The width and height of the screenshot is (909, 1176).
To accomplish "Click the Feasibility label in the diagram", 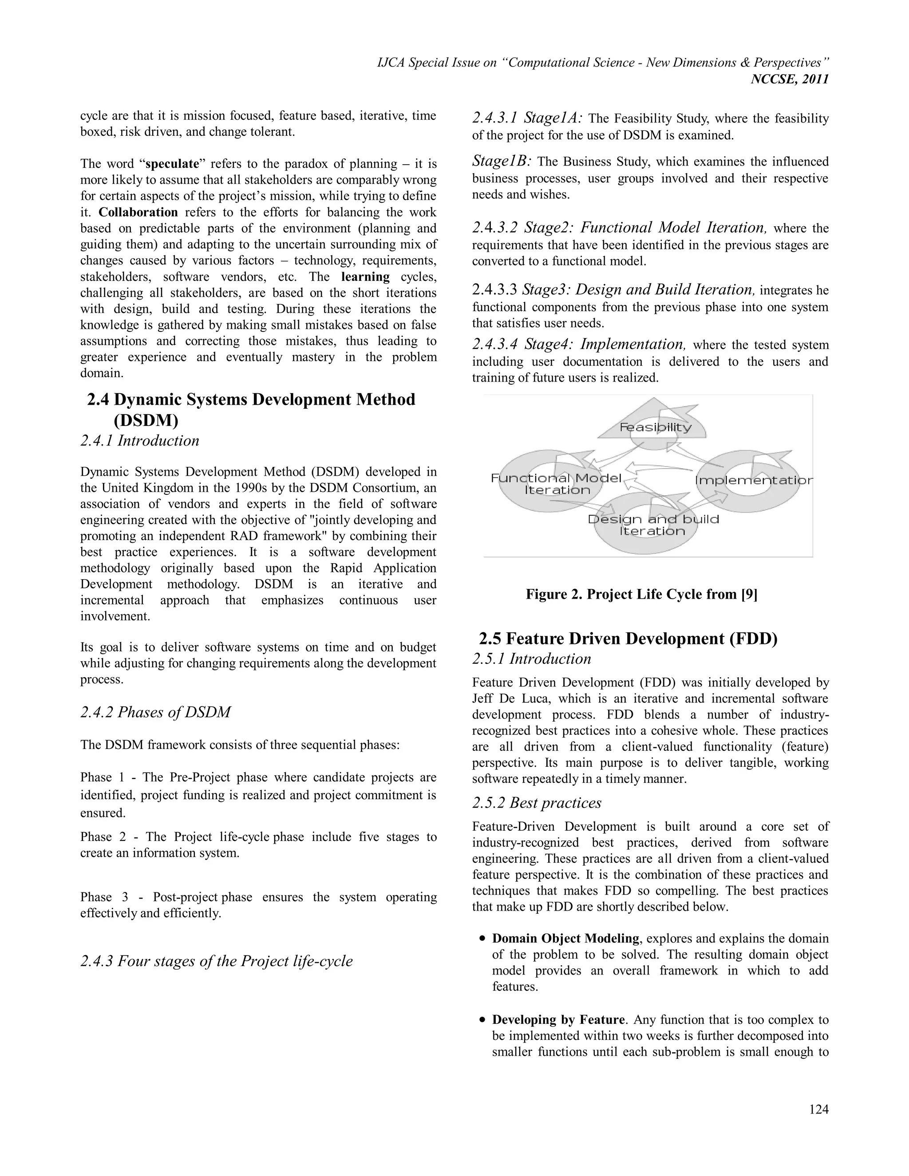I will tap(656, 427).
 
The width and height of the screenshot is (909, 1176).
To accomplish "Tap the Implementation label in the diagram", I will tap(753, 480).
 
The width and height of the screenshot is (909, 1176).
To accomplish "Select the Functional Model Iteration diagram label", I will tap(557, 484).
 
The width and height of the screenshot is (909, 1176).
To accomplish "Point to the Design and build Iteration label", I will tap(652, 525).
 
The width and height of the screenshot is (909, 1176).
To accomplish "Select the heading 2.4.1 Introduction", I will tap(139, 441).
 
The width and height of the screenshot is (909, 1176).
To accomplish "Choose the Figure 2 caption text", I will tap(641, 595).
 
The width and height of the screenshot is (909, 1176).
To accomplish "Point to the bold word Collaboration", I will tap(138, 212).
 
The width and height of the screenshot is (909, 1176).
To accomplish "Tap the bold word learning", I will tap(365, 277).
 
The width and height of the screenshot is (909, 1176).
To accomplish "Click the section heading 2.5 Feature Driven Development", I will tap(628, 639).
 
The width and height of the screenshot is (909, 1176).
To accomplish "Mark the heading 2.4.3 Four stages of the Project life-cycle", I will tap(217, 961).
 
